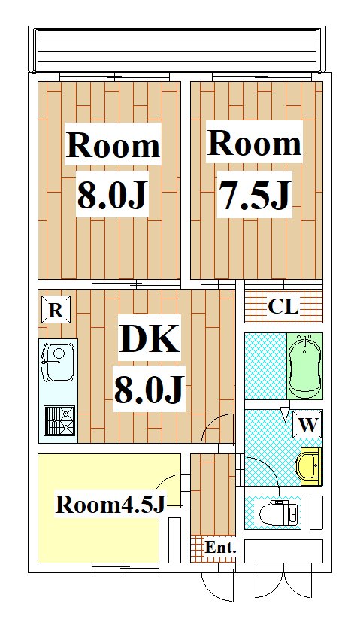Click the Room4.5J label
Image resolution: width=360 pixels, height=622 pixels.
tap(110, 505)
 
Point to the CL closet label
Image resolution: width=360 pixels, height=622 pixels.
tap(283, 307)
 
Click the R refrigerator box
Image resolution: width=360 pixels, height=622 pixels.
tap(55, 311)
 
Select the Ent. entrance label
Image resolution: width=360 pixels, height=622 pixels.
tap(221, 548)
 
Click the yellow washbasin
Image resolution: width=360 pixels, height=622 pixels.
tap(309, 464)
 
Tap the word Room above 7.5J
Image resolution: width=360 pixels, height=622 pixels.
tap(254, 143)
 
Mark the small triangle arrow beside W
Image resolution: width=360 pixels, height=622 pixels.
tap(284, 413)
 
